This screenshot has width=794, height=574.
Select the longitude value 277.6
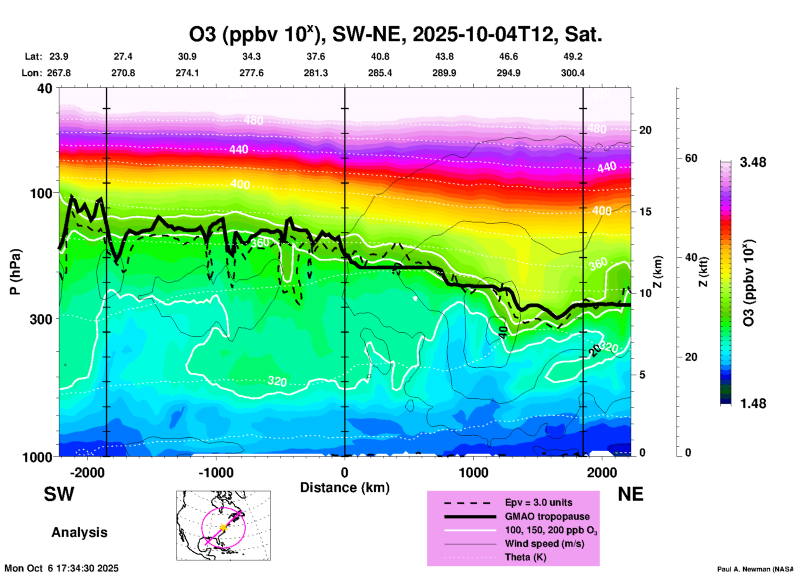[251, 73]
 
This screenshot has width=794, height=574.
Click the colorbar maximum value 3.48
[753, 162]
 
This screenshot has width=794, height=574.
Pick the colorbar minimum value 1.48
[753, 403]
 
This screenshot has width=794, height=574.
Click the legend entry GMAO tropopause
[547, 516]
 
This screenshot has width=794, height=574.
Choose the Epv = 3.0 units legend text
[538, 502]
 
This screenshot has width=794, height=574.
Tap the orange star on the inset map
[223, 527]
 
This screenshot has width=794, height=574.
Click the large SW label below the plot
[59, 494]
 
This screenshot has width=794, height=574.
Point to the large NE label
[630, 494]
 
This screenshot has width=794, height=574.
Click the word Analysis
[79, 532]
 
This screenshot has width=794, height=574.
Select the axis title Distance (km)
[345, 488]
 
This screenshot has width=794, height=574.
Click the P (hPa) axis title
[15, 272]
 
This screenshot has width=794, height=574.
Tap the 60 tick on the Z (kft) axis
[691, 158]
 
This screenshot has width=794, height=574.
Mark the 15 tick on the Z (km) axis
[645, 212]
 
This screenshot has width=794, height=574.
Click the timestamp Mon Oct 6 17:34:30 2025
[61, 568]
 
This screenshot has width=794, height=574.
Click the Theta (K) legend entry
[525, 557]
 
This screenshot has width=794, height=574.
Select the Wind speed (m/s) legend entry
[544, 544]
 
